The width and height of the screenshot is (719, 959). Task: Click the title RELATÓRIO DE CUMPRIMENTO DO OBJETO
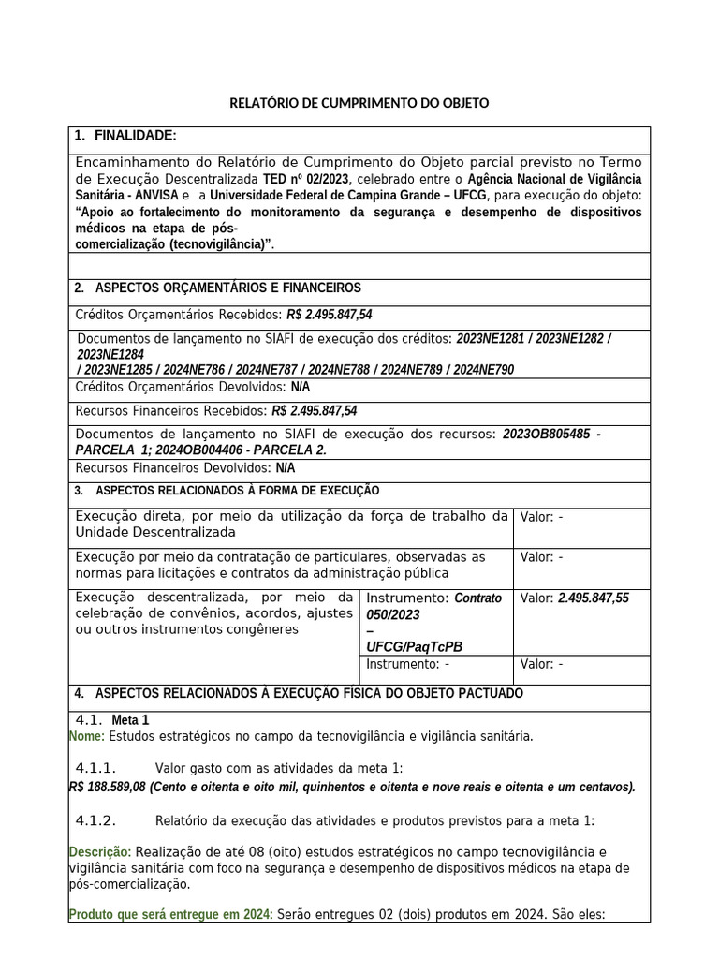pyautogui.click(x=359, y=103)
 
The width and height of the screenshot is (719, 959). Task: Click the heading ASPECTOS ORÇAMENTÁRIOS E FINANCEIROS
pyautogui.click(x=227, y=288)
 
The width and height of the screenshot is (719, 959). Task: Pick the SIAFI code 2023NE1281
pyautogui.click(x=492, y=339)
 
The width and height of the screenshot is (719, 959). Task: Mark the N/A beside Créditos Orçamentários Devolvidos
pyautogui.click(x=300, y=387)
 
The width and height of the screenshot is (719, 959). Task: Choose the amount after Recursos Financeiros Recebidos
pyautogui.click(x=314, y=411)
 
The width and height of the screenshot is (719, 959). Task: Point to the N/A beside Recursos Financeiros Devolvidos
pyautogui.click(x=285, y=468)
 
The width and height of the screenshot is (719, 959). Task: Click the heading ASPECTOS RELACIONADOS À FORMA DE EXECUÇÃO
pyautogui.click(x=238, y=491)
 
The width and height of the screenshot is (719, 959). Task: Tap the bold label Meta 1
pyautogui.click(x=130, y=721)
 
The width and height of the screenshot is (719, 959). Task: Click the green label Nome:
pyautogui.click(x=87, y=737)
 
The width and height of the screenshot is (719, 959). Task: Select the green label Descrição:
pyautogui.click(x=100, y=852)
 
